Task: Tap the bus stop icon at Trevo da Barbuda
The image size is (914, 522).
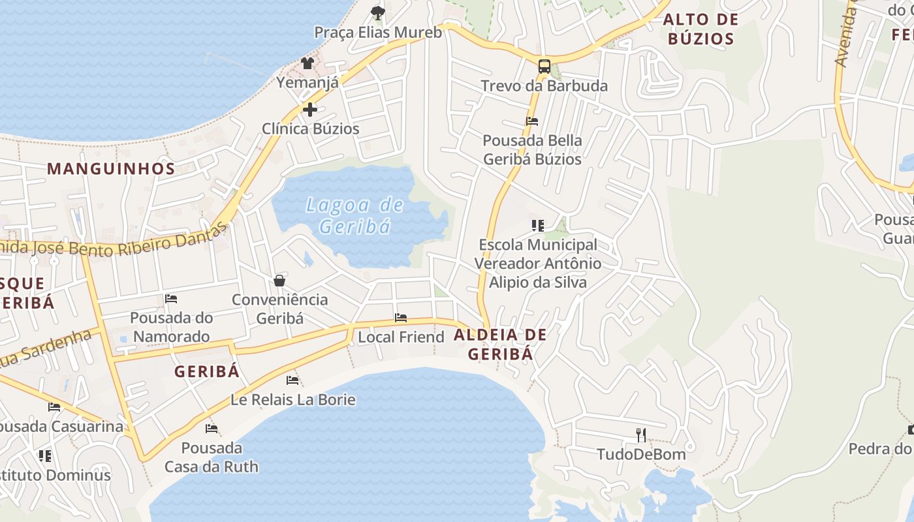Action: coord(544,66)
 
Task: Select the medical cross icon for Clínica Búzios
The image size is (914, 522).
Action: coord(310,109)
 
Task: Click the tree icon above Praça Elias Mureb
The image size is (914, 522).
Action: coord(377,12)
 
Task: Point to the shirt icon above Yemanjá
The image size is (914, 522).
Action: coord(307,63)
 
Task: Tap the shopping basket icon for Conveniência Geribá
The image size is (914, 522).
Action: coord(279,281)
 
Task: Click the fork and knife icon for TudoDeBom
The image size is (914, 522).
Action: coord(641,435)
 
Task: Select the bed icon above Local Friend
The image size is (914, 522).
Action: coord(401,318)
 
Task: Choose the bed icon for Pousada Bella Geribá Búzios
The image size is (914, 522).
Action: coord(532,121)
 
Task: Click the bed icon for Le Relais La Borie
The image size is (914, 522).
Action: coord(292,380)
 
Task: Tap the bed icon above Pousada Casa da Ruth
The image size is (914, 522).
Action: coord(212,429)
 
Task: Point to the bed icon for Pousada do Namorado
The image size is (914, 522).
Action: coord(171,299)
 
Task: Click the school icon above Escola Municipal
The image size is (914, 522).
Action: coord(537,226)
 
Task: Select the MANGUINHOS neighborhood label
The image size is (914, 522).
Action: coord(111,169)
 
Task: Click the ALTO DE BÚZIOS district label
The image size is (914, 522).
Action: coord(701,29)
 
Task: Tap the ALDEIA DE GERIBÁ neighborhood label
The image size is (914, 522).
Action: coord(500,345)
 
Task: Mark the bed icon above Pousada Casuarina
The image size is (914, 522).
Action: coord(54,407)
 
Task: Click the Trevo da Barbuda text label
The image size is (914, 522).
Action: coord(544,86)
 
